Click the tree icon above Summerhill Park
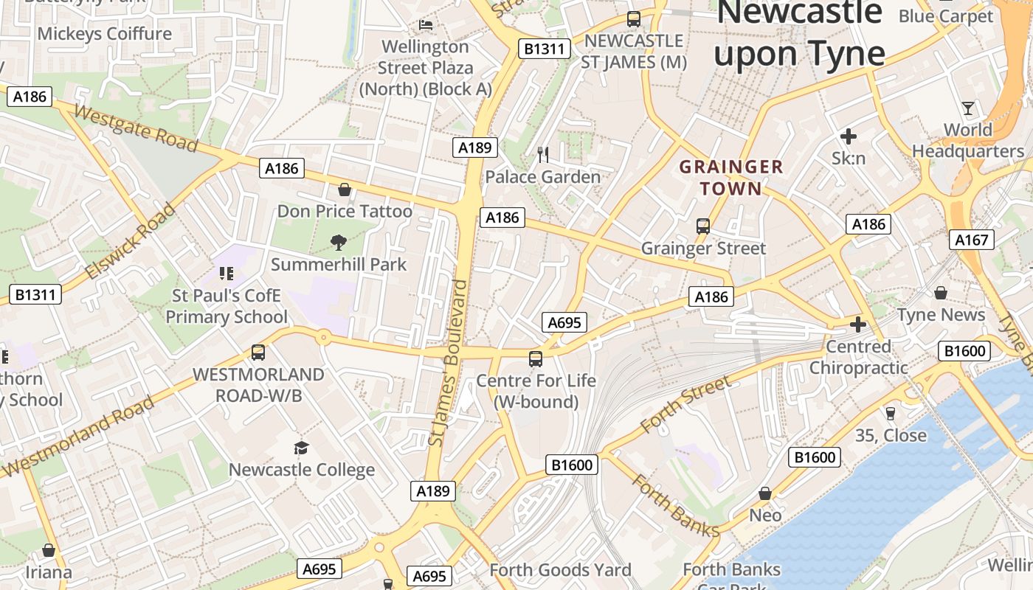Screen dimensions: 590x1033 click(339, 242)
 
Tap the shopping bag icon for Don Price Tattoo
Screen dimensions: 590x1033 click(344, 190)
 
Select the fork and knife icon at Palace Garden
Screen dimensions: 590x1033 click(543, 155)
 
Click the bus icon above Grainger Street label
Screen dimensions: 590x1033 click(703, 226)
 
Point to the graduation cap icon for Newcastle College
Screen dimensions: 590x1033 click(301, 448)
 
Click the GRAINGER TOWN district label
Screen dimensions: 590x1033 click(730, 178)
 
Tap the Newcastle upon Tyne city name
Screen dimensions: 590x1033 click(800, 33)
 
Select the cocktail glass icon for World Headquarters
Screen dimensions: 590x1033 click(968, 108)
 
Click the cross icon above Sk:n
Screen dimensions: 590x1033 click(849, 136)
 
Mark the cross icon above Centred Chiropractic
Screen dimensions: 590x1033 click(857, 324)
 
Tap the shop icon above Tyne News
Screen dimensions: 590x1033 click(941, 294)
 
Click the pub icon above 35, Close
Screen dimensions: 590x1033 click(891, 414)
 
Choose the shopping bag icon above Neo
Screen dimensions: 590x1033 click(765, 493)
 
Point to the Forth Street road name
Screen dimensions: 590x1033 click(686, 404)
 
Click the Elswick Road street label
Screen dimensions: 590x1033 click(130, 242)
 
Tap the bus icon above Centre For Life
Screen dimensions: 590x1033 click(536, 359)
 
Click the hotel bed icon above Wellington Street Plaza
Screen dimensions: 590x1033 click(426, 24)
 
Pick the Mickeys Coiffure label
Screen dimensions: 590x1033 click(104, 34)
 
